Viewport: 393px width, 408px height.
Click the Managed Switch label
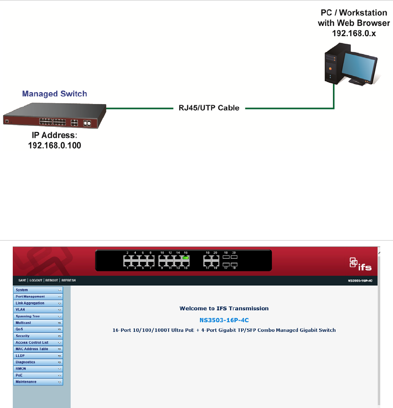[x=54, y=93]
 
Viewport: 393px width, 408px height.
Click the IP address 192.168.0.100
[x=54, y=145]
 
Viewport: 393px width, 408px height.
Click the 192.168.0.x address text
[x=354, y=33]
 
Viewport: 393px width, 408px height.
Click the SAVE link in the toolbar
[x=22, y=280]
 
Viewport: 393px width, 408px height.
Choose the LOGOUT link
[x=36, y=280]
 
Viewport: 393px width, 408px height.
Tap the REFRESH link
[x=68, y=280]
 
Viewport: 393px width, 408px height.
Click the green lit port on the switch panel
[x=185, y=258]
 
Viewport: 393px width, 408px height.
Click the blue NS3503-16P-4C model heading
[x=224, y=320]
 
